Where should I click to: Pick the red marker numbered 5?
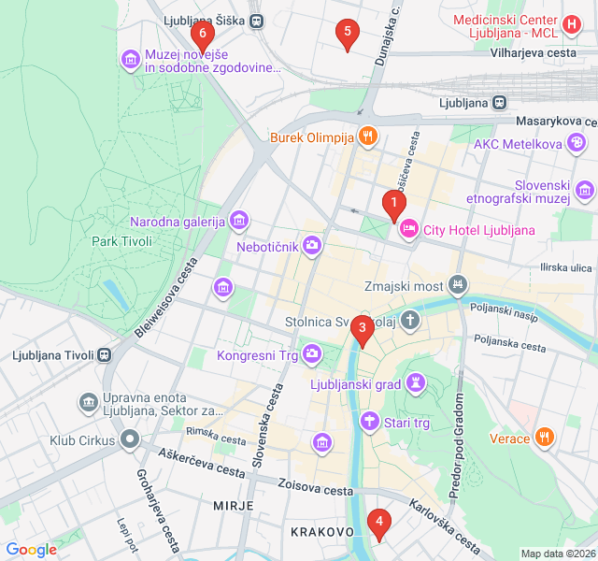pyautogui.click(x=348, y=35)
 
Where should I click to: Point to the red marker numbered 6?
pyautogui.click(x=202, y=35)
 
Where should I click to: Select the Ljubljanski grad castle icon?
pyautogui.click(x=417, y=383)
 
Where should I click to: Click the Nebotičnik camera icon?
pyautogui.click(x=312, y=246)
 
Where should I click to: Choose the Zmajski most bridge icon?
pyautogui.click(x=458, y=283)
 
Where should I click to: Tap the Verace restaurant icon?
pyautogui.click(x=547, y=438)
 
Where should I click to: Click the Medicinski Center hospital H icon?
pyautogui.click(x=572, y=22)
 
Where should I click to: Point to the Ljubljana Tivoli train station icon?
pyautogui.click(x=105, y=354)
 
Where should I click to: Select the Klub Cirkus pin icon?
pyautogui.click(x=130, y=439)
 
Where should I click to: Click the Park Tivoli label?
pyautogui.click(x=121, y=241)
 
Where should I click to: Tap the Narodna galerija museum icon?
pyautogui.click(x=240, y=221)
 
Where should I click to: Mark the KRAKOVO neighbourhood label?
pyautogui.click(x=322, y=531)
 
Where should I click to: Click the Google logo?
pyautogui.click(x=31, y=550)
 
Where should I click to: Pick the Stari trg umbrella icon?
pyautogui.click(x=371, y=423)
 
